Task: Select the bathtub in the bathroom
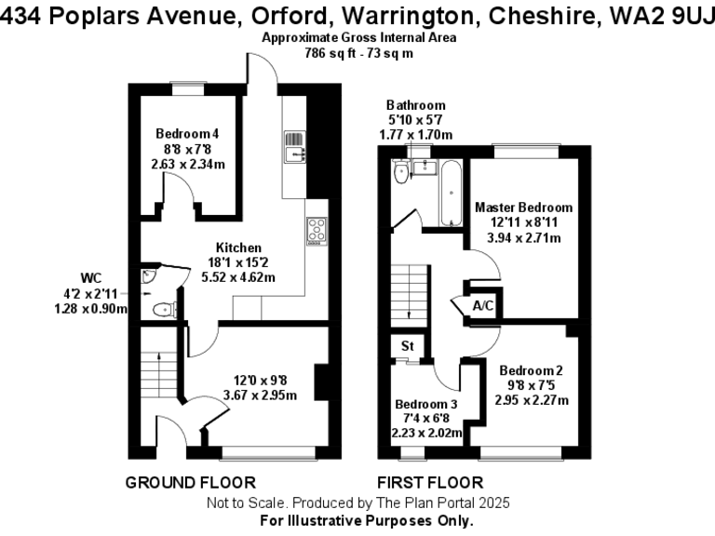[x=451, y=194]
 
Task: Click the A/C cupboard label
[x=483, y=306]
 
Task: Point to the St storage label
[x=407, y=347]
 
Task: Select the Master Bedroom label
[x=524, y=208]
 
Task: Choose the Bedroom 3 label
[x=426, y=405]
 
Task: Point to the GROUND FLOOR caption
[x=190, y=482]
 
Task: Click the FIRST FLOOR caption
[x=429, y=482]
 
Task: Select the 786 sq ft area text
[x=331, y=53]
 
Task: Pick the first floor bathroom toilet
[x=400, y=173]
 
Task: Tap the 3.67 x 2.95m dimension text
[x=260, y=395]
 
